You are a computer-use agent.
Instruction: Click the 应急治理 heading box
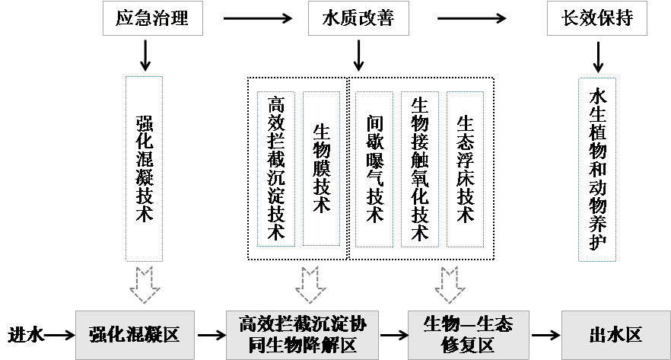(155, 19)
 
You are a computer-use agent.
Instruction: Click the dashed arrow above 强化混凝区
(144, 284)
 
